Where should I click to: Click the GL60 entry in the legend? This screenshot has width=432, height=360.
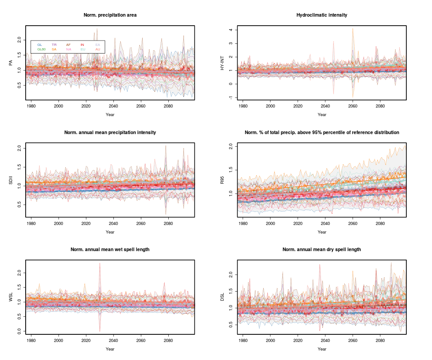tap(41, 49)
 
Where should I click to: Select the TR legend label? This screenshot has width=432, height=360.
tap(54, 45)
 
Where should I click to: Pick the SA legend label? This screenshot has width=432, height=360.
tap(54, 49)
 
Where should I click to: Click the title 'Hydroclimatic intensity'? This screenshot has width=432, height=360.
tap(322, 15)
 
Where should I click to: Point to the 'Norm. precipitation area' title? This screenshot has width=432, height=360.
tap(110, 15)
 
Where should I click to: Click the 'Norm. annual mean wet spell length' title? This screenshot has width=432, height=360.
tap(110, 249)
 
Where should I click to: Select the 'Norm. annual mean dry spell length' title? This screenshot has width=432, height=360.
tap(322, 249)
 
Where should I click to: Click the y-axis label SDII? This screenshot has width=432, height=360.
tap(11, 180)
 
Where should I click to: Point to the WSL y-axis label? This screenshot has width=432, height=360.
tap(11, 297)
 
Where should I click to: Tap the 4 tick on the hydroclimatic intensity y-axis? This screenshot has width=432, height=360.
tap(230, 30)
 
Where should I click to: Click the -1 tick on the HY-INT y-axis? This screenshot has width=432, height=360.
tap(230, 98)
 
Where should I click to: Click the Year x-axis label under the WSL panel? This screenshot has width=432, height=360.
tap(110, 349)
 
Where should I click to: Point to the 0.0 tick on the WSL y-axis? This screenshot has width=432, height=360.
tap(18, 331)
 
